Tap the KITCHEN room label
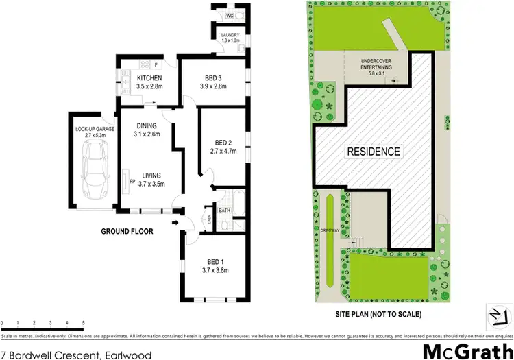[148, 77]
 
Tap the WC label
[230, 14]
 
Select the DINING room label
[147, 125]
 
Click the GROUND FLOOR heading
[127, 231]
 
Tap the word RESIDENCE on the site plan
[373, 151]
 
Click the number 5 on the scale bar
[84, 322]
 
